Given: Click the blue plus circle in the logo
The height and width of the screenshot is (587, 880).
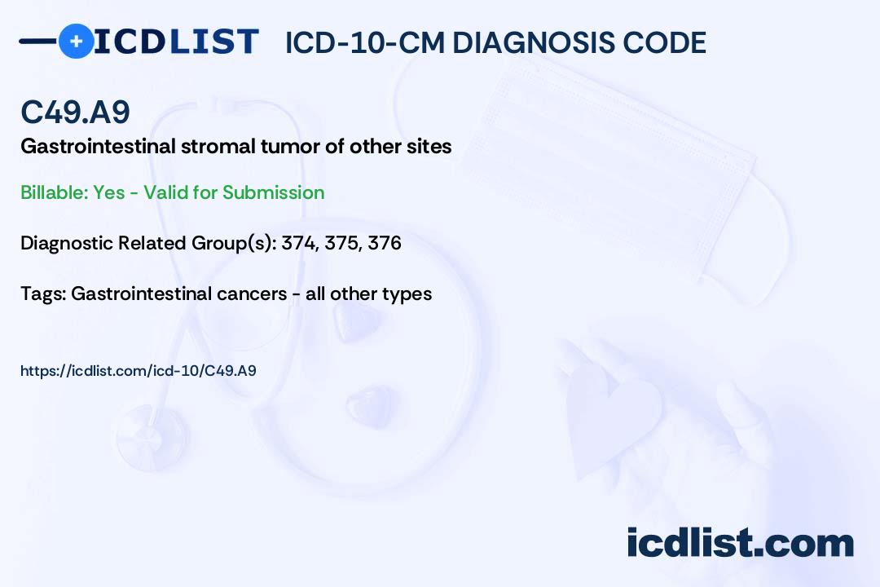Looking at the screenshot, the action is (x=77, y=41).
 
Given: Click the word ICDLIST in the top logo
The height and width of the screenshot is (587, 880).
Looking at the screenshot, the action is (x=176, y=42).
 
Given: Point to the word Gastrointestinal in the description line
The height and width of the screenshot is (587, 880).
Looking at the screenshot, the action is (x=99, y=146).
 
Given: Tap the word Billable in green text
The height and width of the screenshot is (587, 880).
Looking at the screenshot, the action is (x=54, y=192).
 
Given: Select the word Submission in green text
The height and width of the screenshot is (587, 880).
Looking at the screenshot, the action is (x=273, y=192).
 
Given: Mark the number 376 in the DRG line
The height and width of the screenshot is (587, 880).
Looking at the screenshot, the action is (x=385, y=243).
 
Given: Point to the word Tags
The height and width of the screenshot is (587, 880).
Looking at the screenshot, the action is (x=43, y=293).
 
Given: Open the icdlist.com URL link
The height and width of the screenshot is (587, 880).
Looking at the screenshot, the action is (x=138, y=371).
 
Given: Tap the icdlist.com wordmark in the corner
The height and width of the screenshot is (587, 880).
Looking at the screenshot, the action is (x=741, y=543).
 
